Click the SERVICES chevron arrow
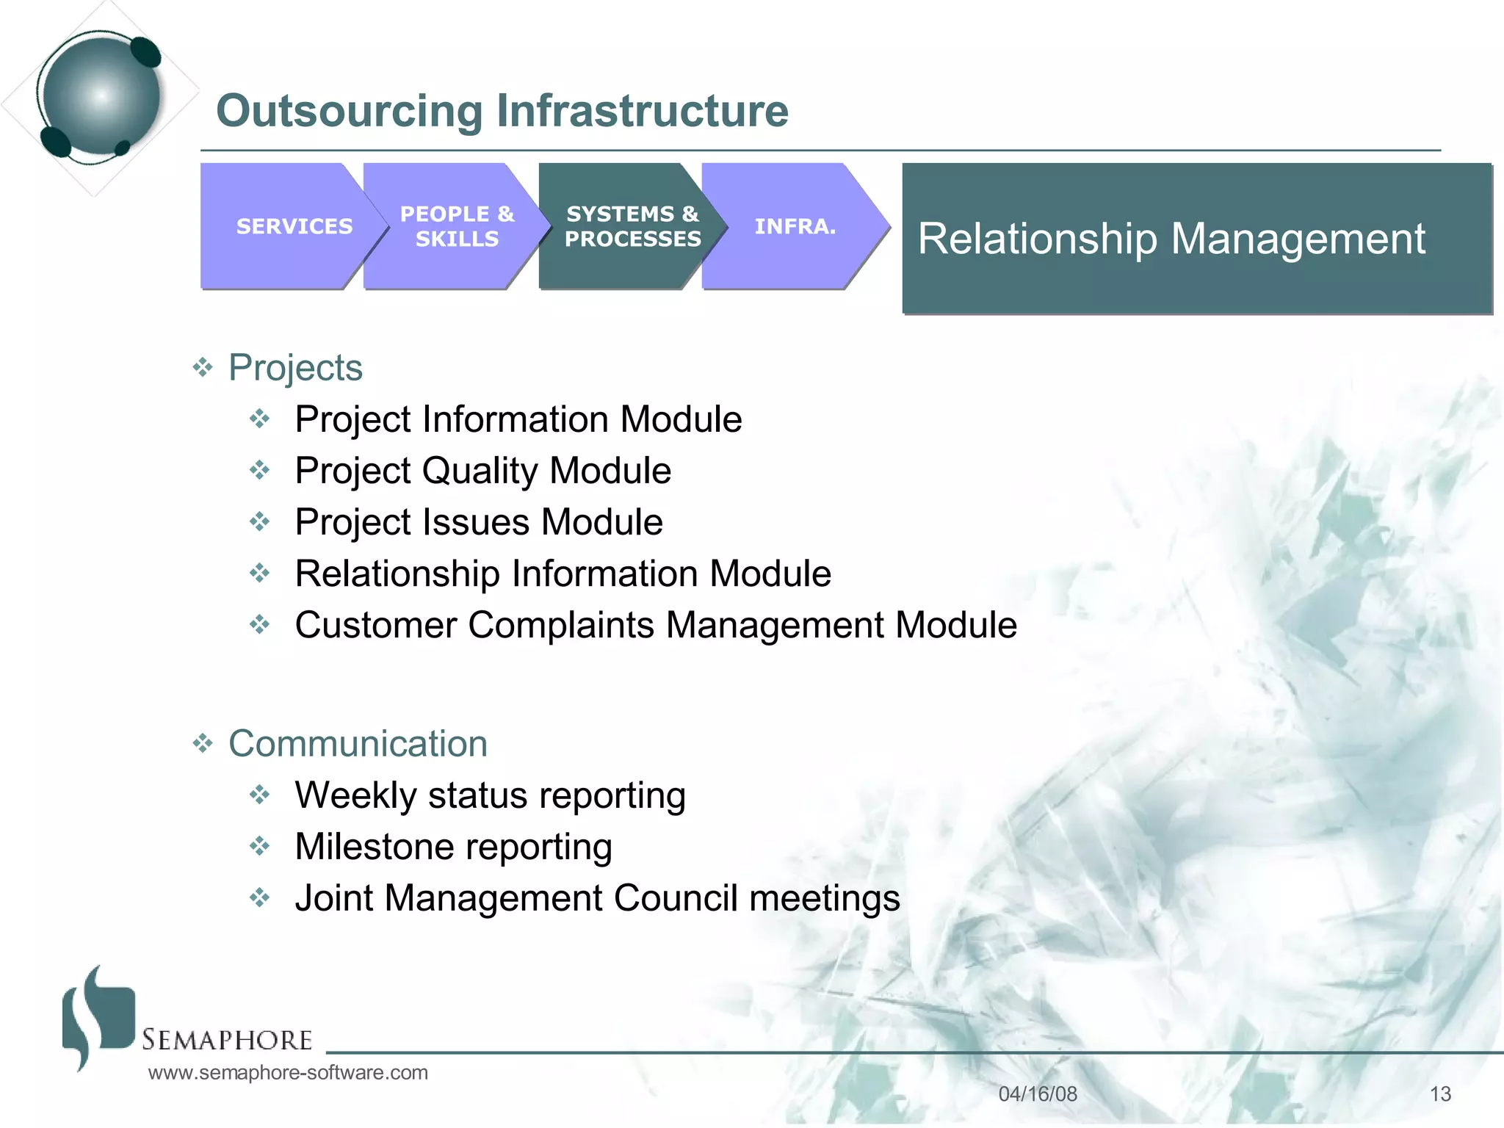(x=290, y=226)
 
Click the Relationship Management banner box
(x=1196, y=239)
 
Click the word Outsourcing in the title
(x=349, y=111)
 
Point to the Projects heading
(x=295, y=367)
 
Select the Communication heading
(x=358, y=744)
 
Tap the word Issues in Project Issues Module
(x=474, y=522)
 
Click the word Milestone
(x=375, y=847)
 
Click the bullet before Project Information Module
(x=260, y=419)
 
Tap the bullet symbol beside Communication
(x=202, y=744)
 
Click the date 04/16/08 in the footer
(x=1037, y=1094)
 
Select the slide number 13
(x=1439, y=1094)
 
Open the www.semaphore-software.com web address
(x=288, y=1073)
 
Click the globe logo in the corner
(x=101, y=95)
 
